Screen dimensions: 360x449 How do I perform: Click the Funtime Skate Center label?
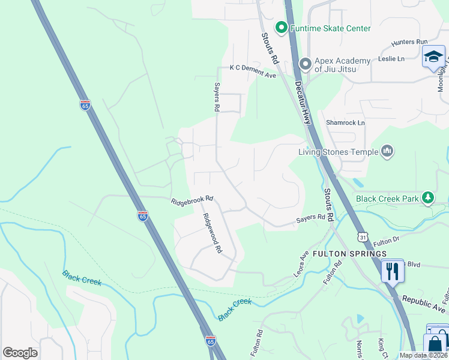pyautogui.click(x=330, y=28)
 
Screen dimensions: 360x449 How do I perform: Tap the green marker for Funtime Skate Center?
pyautogui.click(x=281, y=28)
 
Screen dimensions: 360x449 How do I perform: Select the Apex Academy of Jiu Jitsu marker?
pyautogui.click(x=306, y=63)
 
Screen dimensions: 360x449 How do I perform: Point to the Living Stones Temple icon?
pyautogui.click(x=387, y=151)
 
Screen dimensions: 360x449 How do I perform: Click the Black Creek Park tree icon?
pyautogui.click(x=427, y=197)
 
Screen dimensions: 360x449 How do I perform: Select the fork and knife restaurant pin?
pyautogui.click(x=393, y=271)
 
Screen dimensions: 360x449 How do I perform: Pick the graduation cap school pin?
pyautogui.click(x=433, y=58)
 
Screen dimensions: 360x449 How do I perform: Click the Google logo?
pyautogui.click(x=20, y=353)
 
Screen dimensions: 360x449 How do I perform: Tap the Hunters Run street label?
pyautogui.click(x=409, y=42)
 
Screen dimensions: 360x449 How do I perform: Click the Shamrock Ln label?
pyautogui.click(x=345, y=122)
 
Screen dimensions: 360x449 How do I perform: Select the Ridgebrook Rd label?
pyautogui.click(x=192, y=199)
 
